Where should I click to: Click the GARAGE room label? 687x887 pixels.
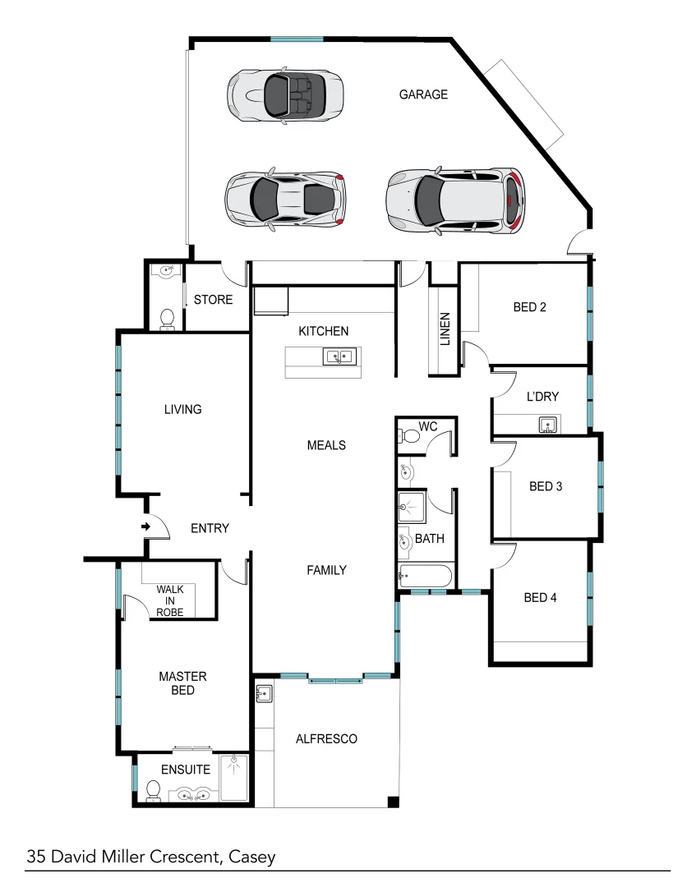coord(423,94)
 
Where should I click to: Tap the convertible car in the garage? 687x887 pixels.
coord(284,95)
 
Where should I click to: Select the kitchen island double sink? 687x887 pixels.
coord(338,356)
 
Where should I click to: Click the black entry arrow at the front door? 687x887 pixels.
coord(145,526)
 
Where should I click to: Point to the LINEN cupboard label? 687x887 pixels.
coord(445,329)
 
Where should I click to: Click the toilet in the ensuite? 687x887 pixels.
coord(153,790)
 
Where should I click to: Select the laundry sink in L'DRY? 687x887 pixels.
coord(547,425)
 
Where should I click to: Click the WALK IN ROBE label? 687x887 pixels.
coord(170,601)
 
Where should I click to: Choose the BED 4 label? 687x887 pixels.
coord(540,598)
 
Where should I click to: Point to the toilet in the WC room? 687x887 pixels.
coord(411,436)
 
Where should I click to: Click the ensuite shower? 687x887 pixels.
coord(234,779)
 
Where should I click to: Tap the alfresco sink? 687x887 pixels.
coord(263,694)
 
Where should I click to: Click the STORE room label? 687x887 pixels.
coord(213,300)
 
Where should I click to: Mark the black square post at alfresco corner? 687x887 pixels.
coord(393,802)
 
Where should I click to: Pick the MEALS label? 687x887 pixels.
coord(326,445)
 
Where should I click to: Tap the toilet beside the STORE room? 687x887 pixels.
coord(167,318)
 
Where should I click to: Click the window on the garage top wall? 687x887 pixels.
coord(297,39)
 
